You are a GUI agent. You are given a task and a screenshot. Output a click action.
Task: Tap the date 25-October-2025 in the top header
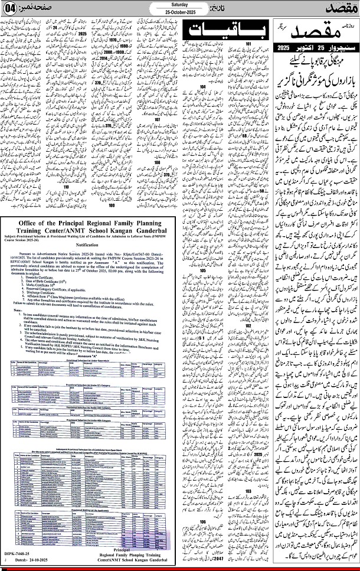point(179,12)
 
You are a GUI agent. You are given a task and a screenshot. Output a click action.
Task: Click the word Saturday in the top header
point(179,5)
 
